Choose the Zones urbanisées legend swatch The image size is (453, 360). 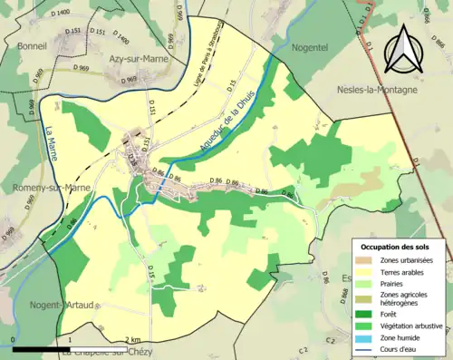(x=367, y=260)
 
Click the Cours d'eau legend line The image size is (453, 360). (x=367, y=345)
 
